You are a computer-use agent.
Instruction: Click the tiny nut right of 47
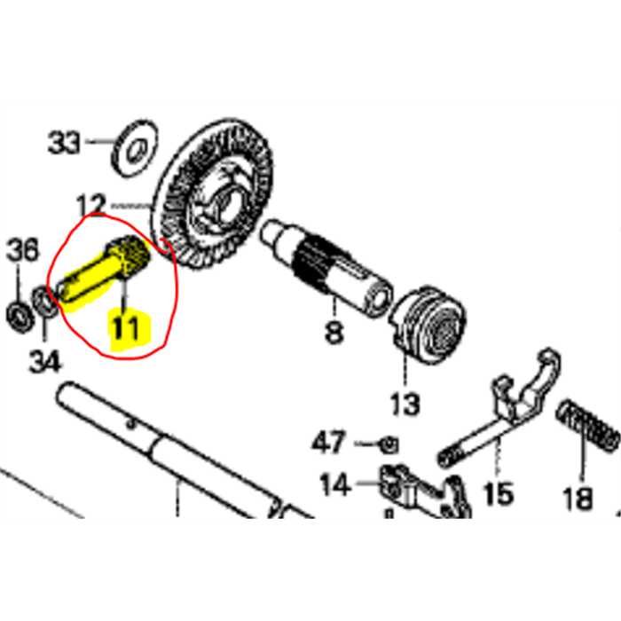pyautogui.click(x=387, y=443)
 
